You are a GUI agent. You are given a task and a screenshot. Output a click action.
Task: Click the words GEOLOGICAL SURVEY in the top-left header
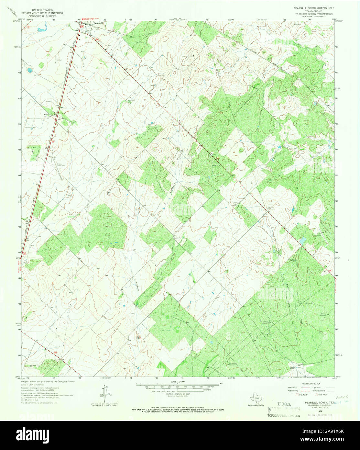coord(42,16)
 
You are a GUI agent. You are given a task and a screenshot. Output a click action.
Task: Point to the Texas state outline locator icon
coord(257,399)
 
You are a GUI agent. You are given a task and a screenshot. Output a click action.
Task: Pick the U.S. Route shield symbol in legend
coord(297,394)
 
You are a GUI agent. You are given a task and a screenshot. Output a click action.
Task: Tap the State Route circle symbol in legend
coord(316,394)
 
